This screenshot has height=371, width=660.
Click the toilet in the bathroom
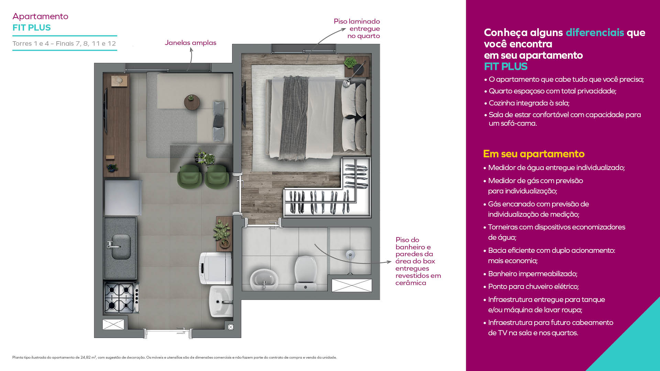coord(305,273)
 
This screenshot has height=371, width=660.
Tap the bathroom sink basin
coord(264,279)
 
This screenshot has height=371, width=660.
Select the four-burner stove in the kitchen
coord(121,297)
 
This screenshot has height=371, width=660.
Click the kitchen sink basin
coord(121,246)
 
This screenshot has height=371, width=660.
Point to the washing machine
coord(215,268)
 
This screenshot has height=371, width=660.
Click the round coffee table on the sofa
coord(192,102)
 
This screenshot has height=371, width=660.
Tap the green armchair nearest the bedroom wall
coord(217,176)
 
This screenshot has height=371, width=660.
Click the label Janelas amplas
coord(190,43)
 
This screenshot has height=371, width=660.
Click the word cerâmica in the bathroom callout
coord(411,283)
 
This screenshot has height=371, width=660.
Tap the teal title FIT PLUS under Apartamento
coord(32,27)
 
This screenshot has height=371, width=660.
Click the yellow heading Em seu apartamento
coord(534,154)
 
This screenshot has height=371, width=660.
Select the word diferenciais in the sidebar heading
coord(595,32)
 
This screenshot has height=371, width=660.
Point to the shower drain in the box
coord(350,255)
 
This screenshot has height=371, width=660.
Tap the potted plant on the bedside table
coord(350,63)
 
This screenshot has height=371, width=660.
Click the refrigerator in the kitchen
coord(123,198)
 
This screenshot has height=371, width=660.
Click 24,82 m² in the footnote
coord(88,357)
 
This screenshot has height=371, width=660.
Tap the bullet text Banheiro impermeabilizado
coord(532,274)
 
